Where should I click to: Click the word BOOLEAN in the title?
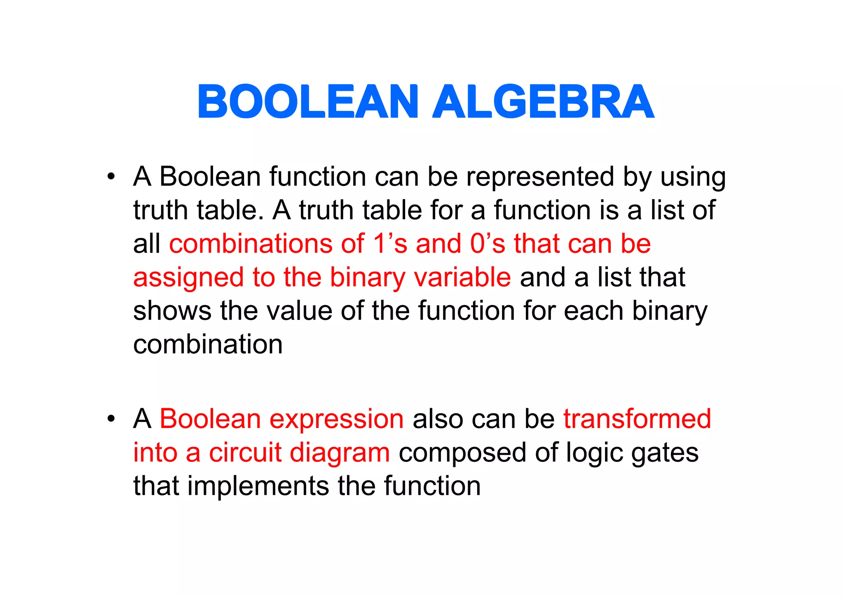pyautogui.click(x=308, y=101)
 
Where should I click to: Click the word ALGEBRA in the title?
pyautogui.click(x=543, y=101)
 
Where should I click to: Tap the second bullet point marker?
pyautogui.click(x=110, y=419)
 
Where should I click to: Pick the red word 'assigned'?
pyautogui.click(x=188, y=278)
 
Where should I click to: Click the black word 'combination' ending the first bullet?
pyautogui.click(x=208, y=344)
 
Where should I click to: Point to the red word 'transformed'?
pyautogui.click(x=637, y=419)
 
